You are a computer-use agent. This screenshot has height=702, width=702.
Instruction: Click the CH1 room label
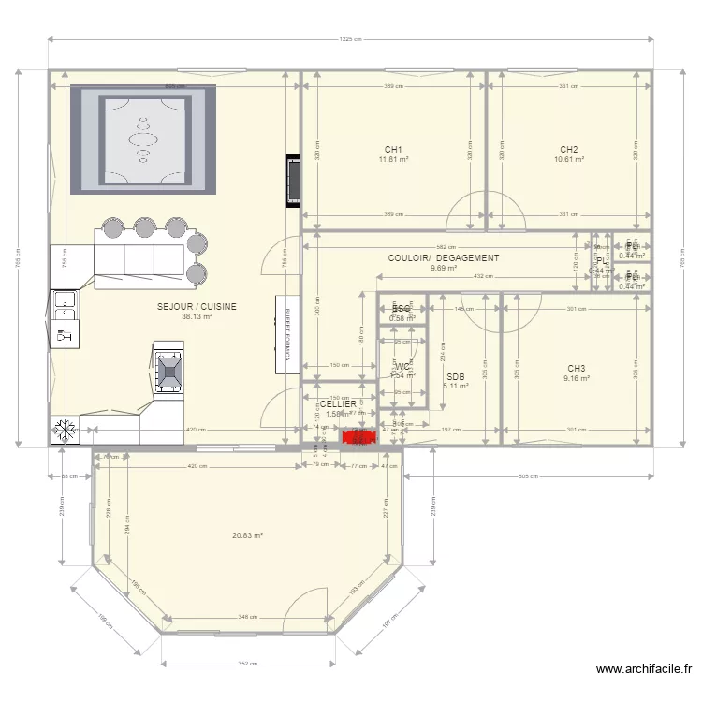[393, 150]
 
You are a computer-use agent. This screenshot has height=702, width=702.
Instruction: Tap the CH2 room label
[568, 150]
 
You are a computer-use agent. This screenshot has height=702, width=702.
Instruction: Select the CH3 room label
[576, 368]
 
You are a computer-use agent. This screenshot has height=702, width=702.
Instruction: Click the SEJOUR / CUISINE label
[197, 306]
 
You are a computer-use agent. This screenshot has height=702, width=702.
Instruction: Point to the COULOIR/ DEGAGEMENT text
[444, 257]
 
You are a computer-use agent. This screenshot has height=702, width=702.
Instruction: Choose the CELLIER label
[338, 404]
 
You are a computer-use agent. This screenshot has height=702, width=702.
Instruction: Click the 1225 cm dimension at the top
[350, 40]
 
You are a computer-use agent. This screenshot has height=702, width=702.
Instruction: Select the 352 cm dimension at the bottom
[247, 664]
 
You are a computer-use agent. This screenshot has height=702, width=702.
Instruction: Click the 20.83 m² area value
[247, 535]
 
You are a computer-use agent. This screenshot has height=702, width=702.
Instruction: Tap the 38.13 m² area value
[197, 316]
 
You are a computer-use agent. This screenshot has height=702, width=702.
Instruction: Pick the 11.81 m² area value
[393, 160]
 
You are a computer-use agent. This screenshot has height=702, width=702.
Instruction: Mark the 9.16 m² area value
[576, 379]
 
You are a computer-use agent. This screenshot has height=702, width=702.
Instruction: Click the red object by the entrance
[358, 435]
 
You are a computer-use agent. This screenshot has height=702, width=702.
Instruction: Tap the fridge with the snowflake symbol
[66, 431]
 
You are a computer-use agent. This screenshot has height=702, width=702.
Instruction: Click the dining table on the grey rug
[143, 139]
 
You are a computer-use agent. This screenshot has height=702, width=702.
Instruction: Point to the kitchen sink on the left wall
[65, 300]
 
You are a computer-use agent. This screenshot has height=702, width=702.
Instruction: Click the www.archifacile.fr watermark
[644, 669]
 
